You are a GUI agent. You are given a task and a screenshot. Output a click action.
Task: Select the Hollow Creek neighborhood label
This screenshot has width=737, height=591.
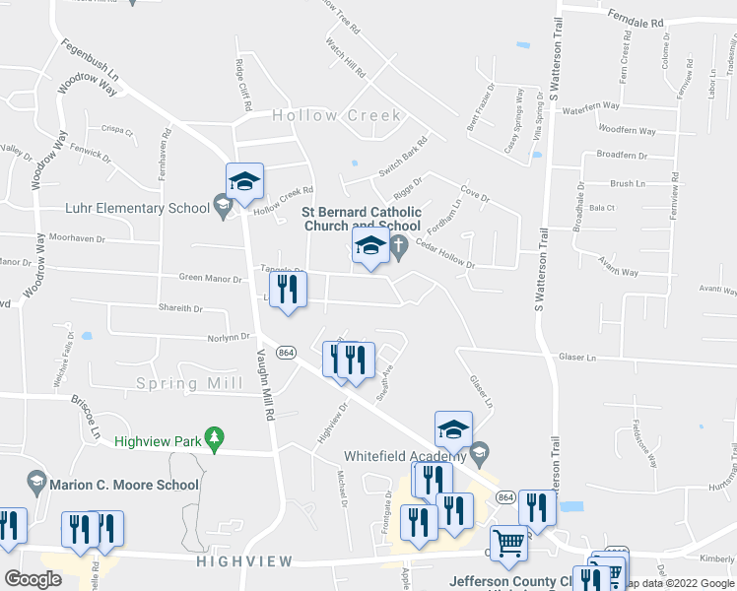coord(337,115)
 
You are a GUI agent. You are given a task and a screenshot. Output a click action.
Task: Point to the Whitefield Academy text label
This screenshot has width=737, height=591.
coord(404,455)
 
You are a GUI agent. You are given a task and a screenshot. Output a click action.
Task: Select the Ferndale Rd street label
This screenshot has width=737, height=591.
coord(637,21)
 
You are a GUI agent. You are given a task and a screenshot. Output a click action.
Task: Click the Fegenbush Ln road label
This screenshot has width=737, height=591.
coord(90,60)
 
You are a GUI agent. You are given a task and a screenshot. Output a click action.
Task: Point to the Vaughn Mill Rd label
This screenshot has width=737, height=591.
coord(263,385)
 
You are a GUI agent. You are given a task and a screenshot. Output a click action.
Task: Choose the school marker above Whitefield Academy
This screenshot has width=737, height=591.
coord(452,430)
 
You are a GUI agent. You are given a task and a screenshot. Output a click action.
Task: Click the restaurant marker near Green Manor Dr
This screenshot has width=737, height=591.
coord(288,291)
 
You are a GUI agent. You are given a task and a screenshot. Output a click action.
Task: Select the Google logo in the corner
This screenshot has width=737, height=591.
coord(33,578)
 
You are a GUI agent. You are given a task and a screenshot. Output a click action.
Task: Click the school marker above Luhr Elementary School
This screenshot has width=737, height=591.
coord(244,181)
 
